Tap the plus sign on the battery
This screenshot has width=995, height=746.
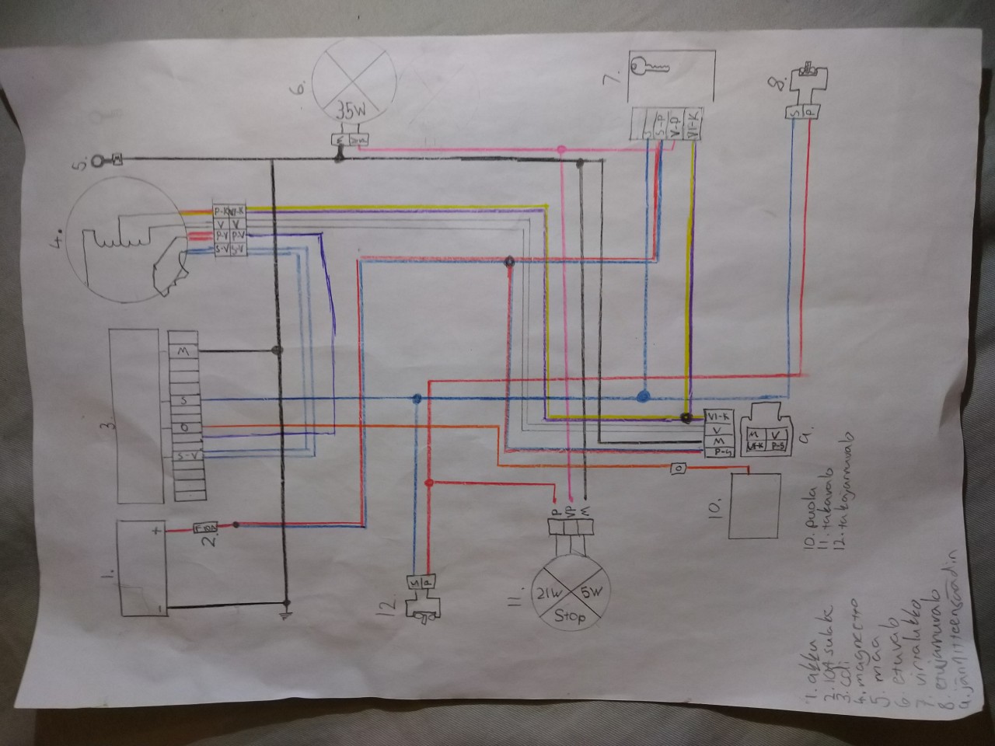tap(156, 532)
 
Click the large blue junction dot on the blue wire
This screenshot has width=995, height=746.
tap(642, 396)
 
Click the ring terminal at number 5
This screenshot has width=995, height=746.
tap(96, 162)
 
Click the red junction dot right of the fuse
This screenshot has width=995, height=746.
tap(235, 525)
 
